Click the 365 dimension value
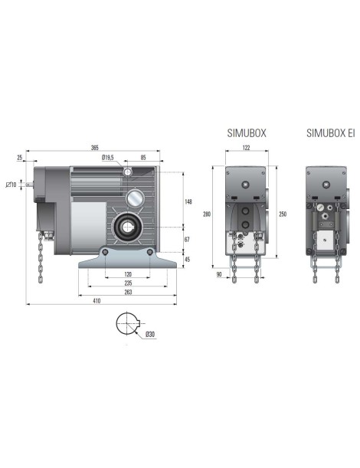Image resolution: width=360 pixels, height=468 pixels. pyautogui.click(x=95, y=147)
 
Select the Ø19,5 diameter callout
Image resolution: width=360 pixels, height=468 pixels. pyautogui.click(x=107, y=158)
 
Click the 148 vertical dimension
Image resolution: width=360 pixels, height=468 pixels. pyautogui.click(x=188, y=201)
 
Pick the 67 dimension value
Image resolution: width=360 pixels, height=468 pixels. pyautogui.click(x=188, y=240)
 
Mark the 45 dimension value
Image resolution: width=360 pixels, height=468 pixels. pyautogui.click(x=188, y=259)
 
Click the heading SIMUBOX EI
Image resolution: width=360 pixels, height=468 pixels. pyautogui.click(x=330, y=133)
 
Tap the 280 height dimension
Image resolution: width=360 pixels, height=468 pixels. pyautogui.click(x=207, y=214)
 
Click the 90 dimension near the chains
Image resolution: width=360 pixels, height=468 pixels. pyautogui.click(x=219, y=273)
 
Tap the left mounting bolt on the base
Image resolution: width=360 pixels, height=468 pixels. pyautogui.click(x=103, y=253)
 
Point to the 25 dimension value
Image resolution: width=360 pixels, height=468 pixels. pyautogui.click(x=18, y=158)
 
